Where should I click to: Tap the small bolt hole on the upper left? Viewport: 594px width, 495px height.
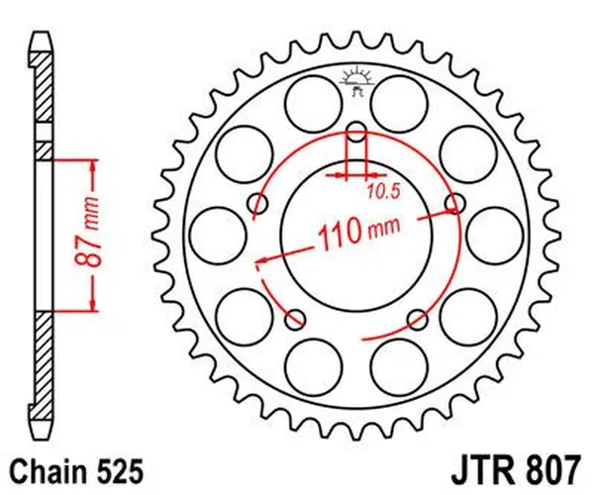tap(257, 205)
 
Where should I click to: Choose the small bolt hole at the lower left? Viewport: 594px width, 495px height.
tap(295, 319)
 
